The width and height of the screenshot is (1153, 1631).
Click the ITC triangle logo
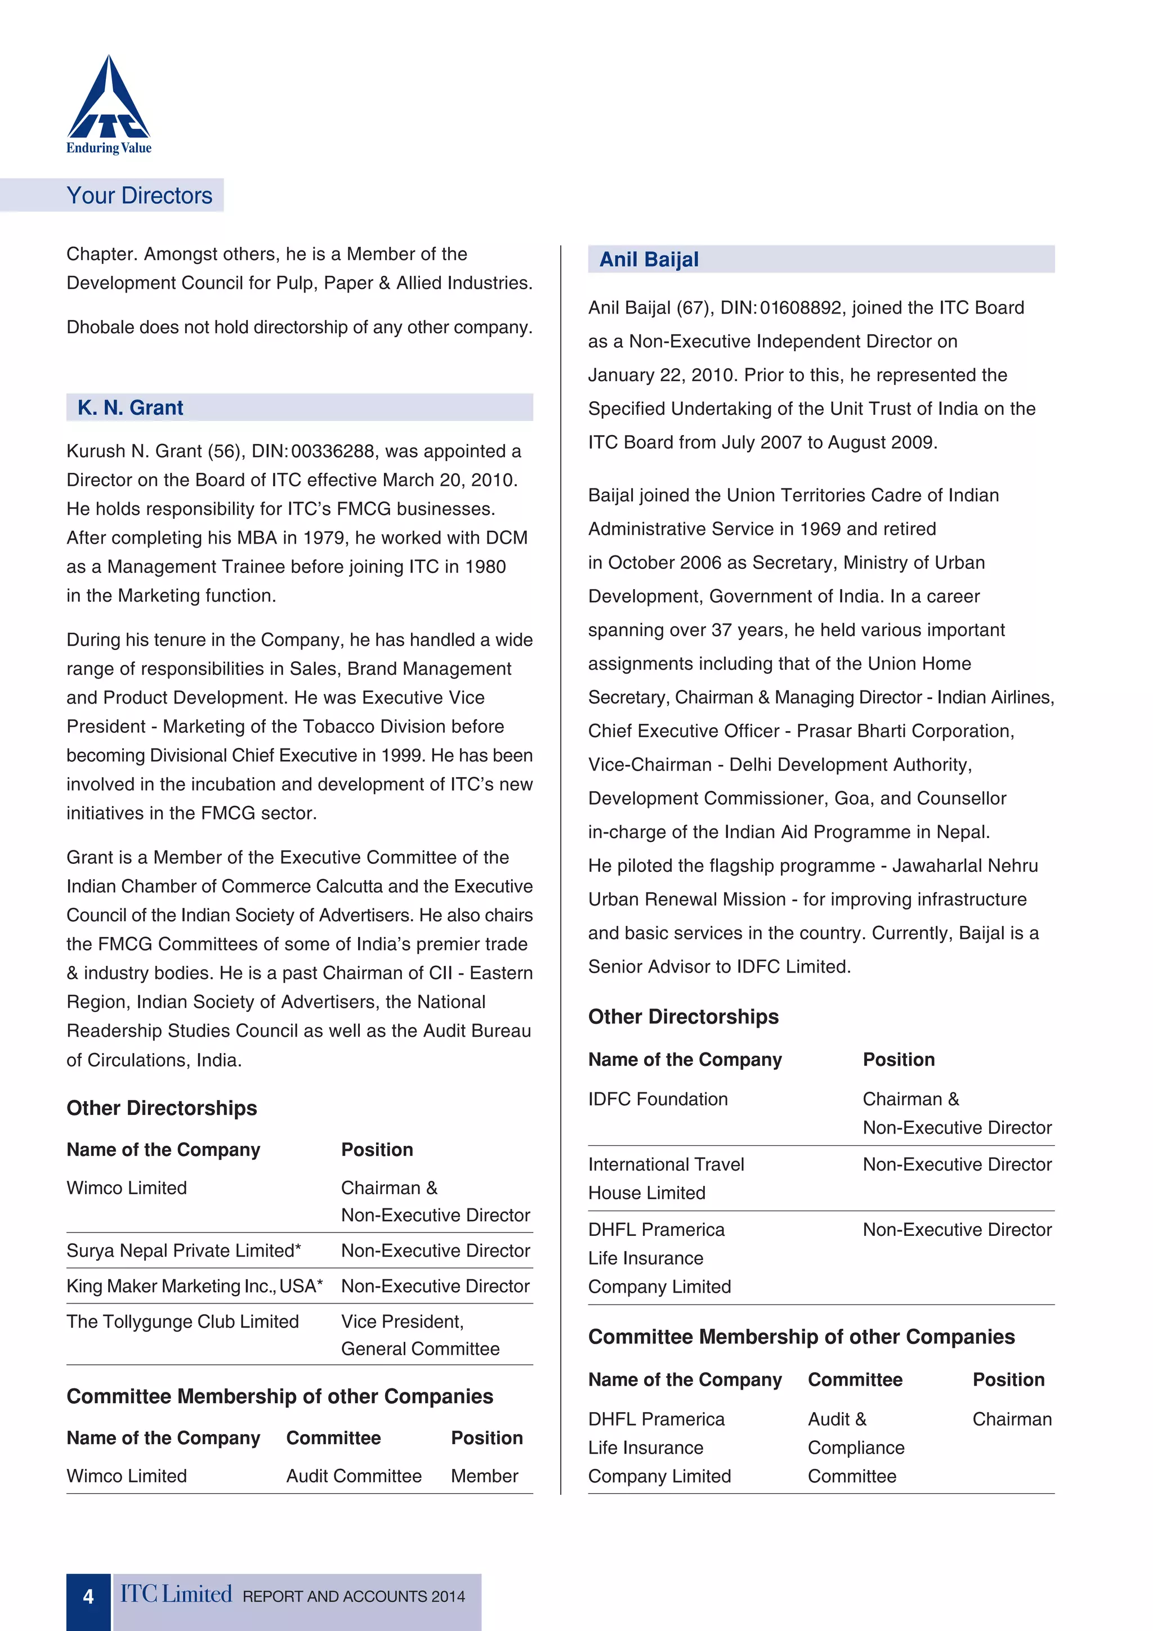tap(109, 100)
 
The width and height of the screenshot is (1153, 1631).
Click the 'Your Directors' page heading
tap(139, 195)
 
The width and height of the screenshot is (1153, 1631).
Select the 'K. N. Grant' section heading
tap(131, 407)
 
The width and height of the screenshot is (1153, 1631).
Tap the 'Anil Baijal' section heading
tap(649, 259)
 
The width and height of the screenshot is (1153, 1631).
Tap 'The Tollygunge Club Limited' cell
tap(182, 1321)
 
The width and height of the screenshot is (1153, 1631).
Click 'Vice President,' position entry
tap(402, 1321)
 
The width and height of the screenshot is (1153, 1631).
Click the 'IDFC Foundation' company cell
tap(658, 1099)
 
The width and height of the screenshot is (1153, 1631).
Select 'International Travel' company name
tap(665, 1164)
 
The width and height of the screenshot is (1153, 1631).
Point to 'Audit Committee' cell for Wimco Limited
tap(354, 1476)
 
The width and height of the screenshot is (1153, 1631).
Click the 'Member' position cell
tap(485, 1476)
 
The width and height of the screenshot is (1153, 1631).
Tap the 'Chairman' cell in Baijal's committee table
tap(1012, 1419)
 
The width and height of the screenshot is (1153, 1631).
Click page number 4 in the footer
tap(88, 1596)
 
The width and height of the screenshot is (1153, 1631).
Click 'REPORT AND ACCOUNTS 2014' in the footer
tap(354, 1596)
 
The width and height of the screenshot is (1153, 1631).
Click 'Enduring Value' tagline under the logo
tap(109, 148)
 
